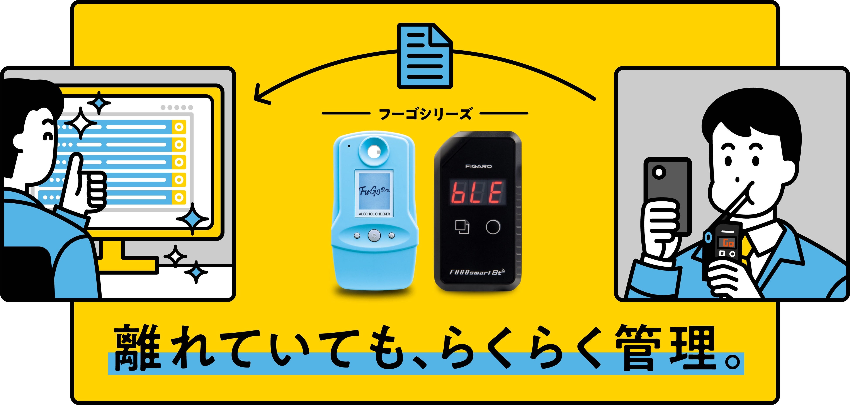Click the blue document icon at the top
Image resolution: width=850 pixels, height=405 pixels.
425,56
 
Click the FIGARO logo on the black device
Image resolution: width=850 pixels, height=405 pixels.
478,166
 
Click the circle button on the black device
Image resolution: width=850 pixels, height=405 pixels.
493,227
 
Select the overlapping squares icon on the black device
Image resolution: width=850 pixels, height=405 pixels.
462,226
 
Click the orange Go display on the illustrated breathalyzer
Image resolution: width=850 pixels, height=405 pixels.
728,243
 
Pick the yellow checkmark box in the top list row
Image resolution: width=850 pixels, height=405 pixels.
179,127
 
